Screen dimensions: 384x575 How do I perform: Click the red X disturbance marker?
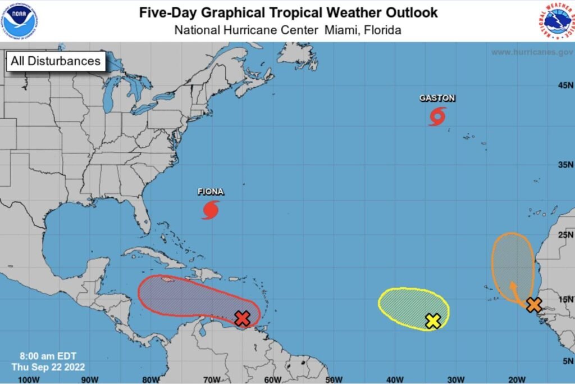[242, 318]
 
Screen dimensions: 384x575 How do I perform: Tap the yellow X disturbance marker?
[433, 321]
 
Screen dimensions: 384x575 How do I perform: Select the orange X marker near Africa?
[534, 305]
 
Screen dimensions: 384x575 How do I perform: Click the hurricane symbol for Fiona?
[211, 210]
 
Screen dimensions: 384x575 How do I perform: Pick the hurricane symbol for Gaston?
[437, 116]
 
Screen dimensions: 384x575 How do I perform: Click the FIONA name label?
[211, 192]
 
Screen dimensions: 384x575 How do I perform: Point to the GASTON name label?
[437, 98]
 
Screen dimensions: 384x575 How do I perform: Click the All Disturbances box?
[56, 61]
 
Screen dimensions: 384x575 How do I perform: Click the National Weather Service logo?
[555, 20]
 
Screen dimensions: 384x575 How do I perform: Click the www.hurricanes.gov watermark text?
[531, 52]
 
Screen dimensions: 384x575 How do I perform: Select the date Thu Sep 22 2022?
[48, 367]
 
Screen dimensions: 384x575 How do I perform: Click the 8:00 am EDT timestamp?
[48, 356]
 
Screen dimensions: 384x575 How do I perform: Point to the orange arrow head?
[512, 284]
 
